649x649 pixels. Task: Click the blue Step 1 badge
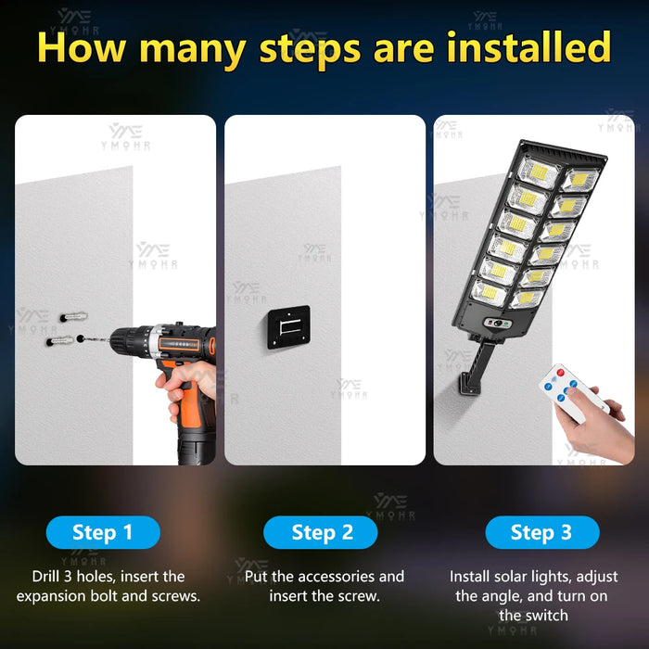103,532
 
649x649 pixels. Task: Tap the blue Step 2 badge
321,532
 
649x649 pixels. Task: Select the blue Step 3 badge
542,532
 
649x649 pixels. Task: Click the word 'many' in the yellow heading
193,50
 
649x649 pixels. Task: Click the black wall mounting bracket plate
289,327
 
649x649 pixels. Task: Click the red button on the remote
560,373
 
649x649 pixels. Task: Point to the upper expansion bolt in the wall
73,317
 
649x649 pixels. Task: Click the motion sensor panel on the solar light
499,324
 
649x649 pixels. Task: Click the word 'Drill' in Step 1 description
45,576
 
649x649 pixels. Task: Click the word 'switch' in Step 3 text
545,616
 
